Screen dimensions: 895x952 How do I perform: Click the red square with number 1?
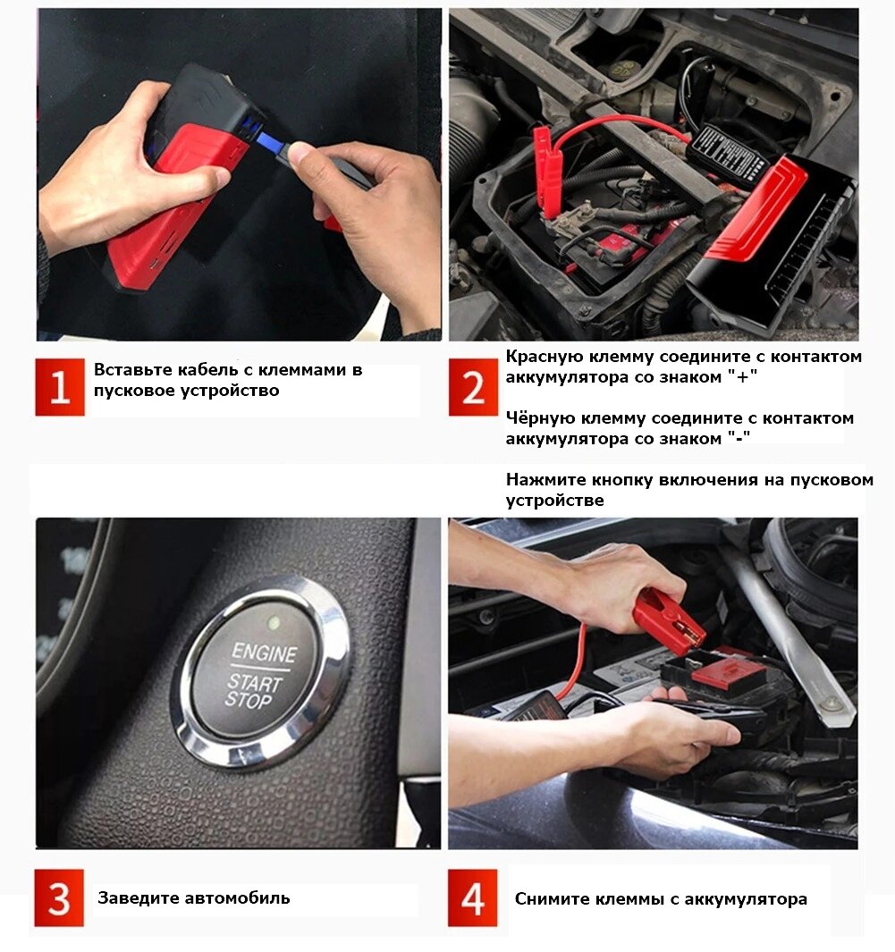coord(60,387)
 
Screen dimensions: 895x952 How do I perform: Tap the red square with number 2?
coord(473,387)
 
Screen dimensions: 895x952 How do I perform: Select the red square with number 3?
coord(59,898)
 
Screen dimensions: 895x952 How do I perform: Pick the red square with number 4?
coord(472,898)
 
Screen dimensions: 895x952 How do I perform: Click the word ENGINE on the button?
coord(265,653)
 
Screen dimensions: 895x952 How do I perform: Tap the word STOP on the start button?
coord(248,701)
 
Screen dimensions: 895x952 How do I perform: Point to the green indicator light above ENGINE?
coord(274,623)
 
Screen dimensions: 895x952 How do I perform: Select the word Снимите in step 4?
coord(552,898)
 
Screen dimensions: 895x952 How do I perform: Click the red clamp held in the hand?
coord(669,620)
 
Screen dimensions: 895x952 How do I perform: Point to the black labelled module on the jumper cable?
coord(728,152)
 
